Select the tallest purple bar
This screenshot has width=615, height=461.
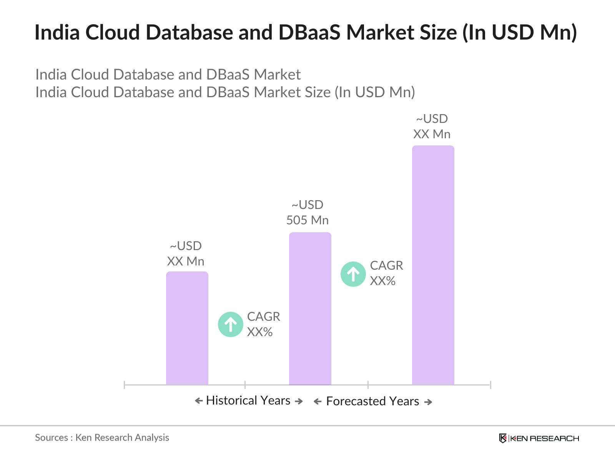(x=433, y=265)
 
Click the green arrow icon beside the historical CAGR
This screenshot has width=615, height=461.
(x=231, y=325)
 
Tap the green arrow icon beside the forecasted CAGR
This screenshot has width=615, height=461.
(x=353, y=274)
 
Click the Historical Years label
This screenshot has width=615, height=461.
(x=248, y=401)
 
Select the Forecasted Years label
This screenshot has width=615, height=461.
(x=372, y=401)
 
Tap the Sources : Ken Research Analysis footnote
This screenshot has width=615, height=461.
(x=102, y=438)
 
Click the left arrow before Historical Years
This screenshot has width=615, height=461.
(x=199, y=401)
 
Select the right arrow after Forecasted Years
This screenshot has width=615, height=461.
(x=428, y=402)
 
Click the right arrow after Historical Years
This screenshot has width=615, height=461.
(x=299, y=401)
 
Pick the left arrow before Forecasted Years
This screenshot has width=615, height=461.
(x=317, y=402)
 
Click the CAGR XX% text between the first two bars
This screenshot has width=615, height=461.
(x=263, y=324)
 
